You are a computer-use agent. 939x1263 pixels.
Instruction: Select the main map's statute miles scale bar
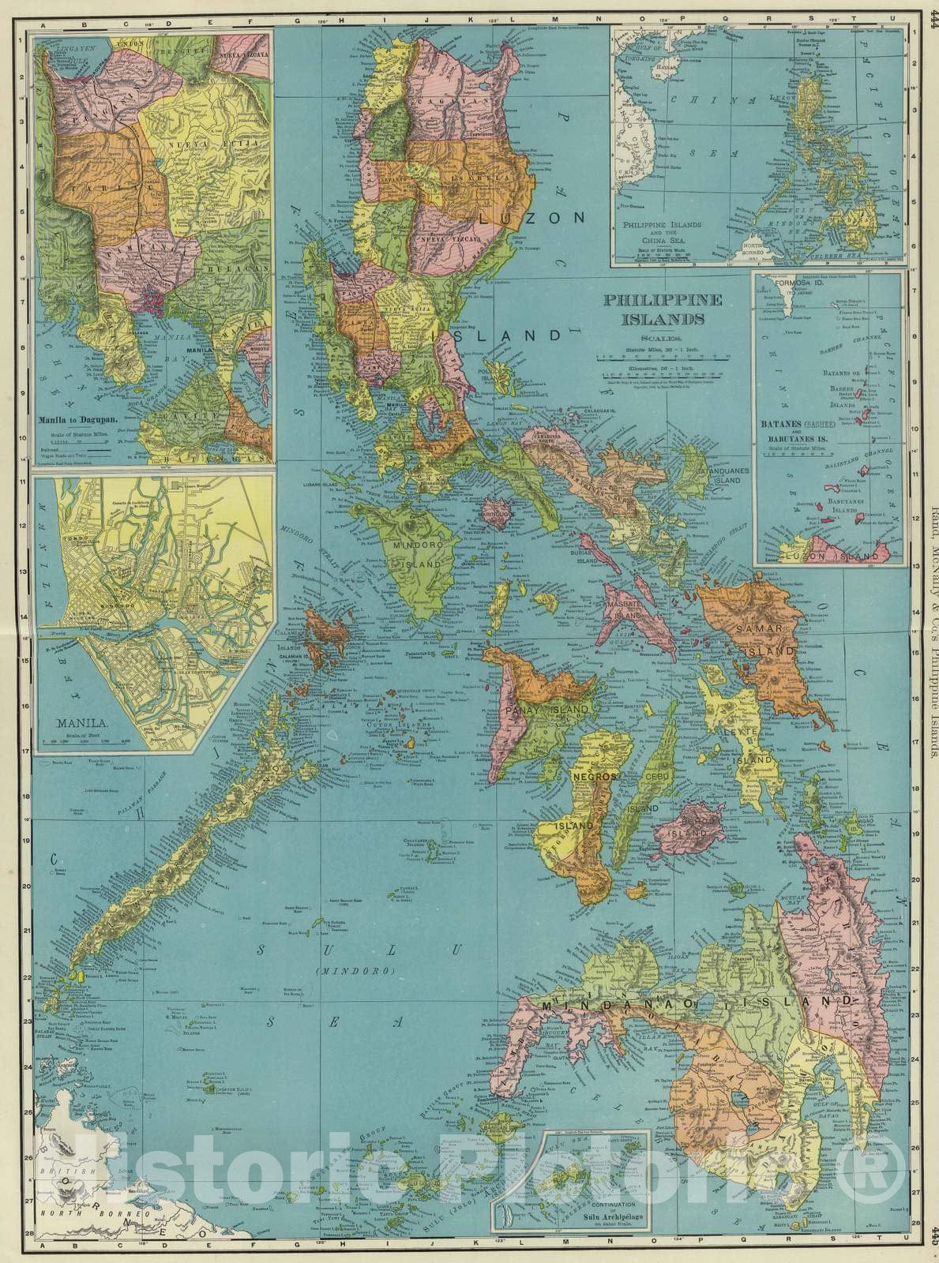[660, 355]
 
